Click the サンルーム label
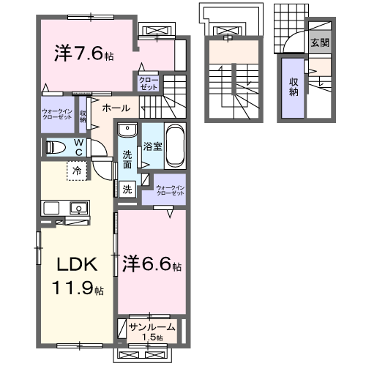click(x=152, y=326)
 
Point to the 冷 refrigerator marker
click(x=77, y=171)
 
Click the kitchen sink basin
click(x=78, y=208)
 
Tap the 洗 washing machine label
click(x=127, y=190)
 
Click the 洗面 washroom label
click(x=127, y=159)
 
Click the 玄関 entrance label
click(x=319, y=42)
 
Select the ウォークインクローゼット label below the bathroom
click(x=170, y=190)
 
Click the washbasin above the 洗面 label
click(x=127, y=132)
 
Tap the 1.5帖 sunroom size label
click(x=152, y=337)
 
